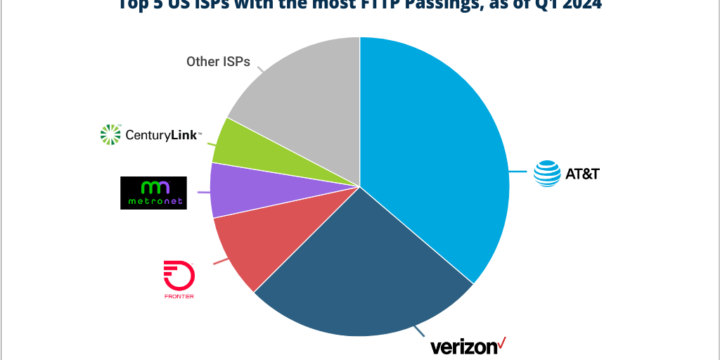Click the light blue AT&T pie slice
436,155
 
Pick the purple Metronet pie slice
250,190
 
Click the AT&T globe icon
547,174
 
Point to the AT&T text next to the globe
582,174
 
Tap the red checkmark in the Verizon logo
501,343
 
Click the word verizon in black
463,347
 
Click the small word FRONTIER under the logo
179,296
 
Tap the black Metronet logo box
153,193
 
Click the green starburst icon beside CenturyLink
111,134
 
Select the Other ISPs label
218,62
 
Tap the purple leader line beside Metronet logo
205,192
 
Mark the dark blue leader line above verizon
420,331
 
